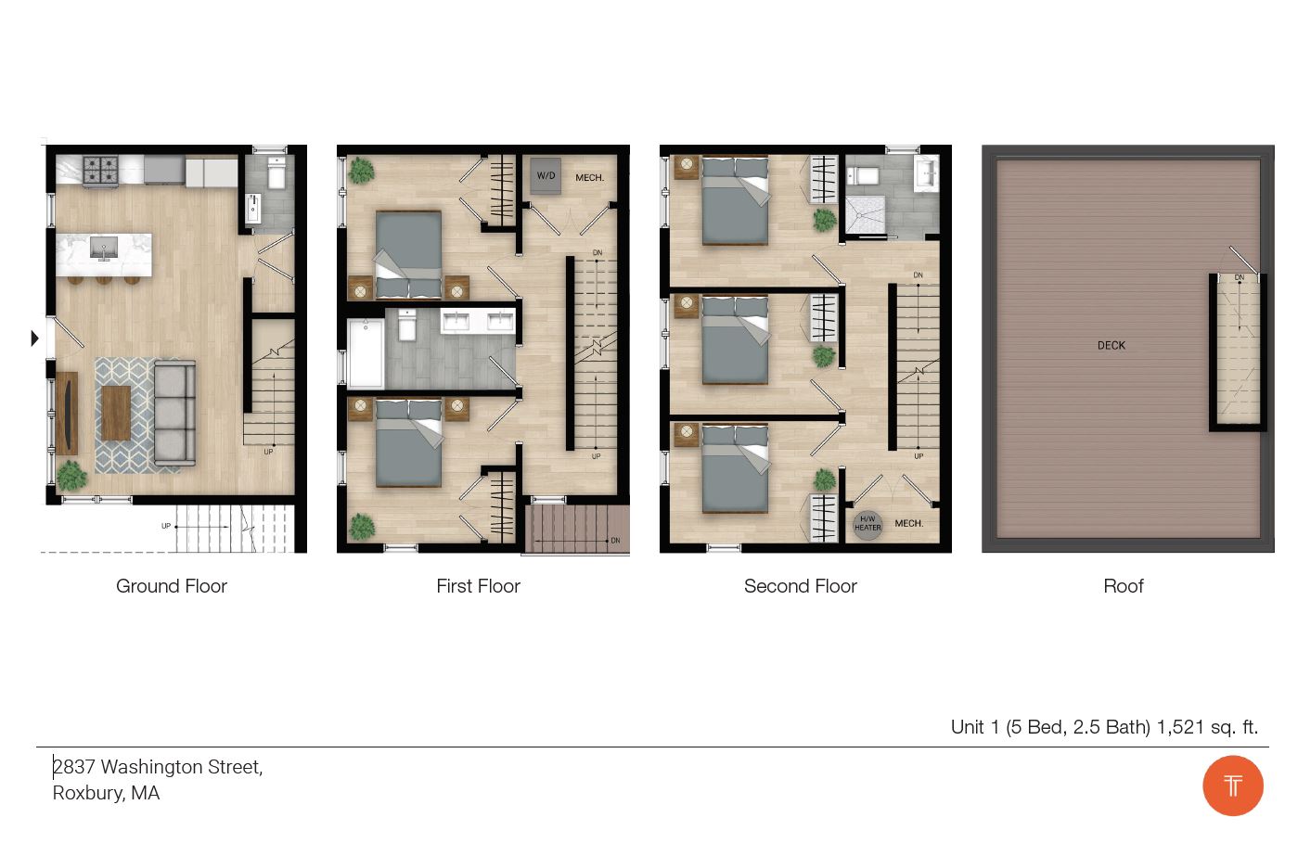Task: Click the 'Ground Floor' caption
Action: (172, 586)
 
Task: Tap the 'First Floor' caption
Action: (478, 586)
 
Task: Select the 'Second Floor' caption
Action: (800, 586)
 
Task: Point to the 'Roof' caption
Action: (1123, 586)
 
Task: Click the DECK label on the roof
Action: (1111, 345)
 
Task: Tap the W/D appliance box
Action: (546, 175)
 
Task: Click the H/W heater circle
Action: (867, 524)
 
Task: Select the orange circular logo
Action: (1232, 786)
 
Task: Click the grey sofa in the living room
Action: (174, 413)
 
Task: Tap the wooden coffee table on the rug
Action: (116, 413)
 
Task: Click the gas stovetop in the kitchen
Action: (100, 170)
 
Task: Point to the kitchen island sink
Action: (103, 248)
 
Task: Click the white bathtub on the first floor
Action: (366, 353)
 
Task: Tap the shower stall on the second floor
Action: (864, 214)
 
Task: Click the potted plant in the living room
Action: (71, 476)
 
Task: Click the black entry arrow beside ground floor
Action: (34, 338)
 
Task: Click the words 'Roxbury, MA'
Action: (106, 793)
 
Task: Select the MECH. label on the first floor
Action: (589, 177)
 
